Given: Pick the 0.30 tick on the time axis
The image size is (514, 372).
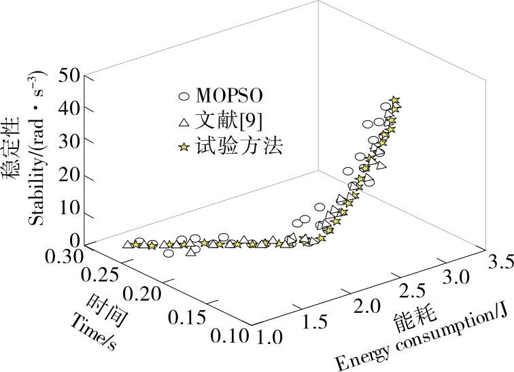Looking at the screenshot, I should pos(65,256).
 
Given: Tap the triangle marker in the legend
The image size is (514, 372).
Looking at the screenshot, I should pos(183,122).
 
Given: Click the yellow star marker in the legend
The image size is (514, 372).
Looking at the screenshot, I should pos(183,148).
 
